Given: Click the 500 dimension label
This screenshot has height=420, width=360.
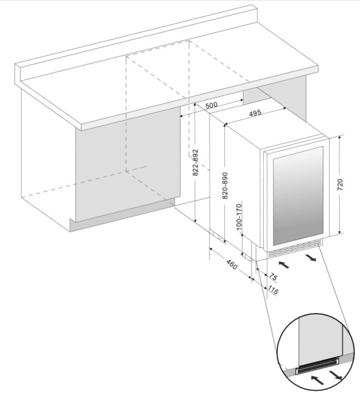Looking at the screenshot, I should tap(211, 105).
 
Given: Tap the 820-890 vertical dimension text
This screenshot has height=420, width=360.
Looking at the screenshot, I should tap(225, 186).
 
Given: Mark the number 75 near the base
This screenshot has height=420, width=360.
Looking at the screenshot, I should tap(271, 277).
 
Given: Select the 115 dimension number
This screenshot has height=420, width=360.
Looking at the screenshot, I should tap(272, 291).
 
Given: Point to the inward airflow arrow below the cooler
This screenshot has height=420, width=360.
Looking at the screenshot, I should tap(282, 264).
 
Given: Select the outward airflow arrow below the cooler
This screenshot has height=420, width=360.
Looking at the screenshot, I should tap(312, 258).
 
